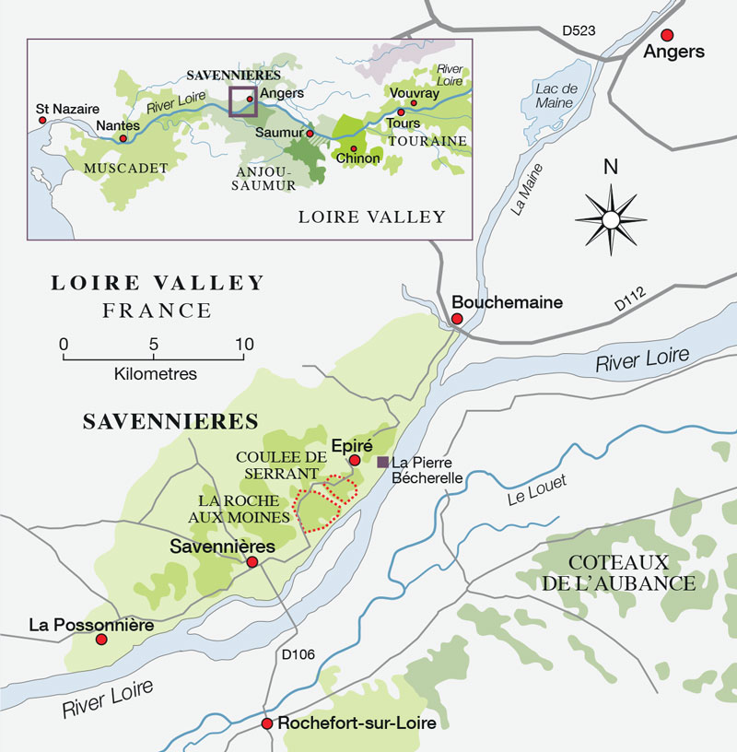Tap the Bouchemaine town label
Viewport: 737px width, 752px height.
[506, 302]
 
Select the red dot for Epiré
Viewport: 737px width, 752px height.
[354, 460]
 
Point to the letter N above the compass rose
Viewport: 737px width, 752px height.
[609, 168]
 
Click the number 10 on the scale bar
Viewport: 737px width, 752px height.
[242, 344]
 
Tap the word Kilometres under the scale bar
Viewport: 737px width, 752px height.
[155, 374]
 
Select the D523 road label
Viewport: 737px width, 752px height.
[579, 31]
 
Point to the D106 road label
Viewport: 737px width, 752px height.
[297, 655]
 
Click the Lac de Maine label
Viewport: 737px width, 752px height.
[556, 95]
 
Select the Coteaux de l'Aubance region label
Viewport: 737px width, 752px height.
[631, 572]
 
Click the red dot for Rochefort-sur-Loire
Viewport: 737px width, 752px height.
[267, 723]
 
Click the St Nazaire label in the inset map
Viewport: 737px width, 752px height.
[66, 108]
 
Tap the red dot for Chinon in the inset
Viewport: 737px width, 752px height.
[353, 148]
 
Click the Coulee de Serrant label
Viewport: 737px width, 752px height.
[281, 464]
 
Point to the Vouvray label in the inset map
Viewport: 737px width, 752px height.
[410, 93]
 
